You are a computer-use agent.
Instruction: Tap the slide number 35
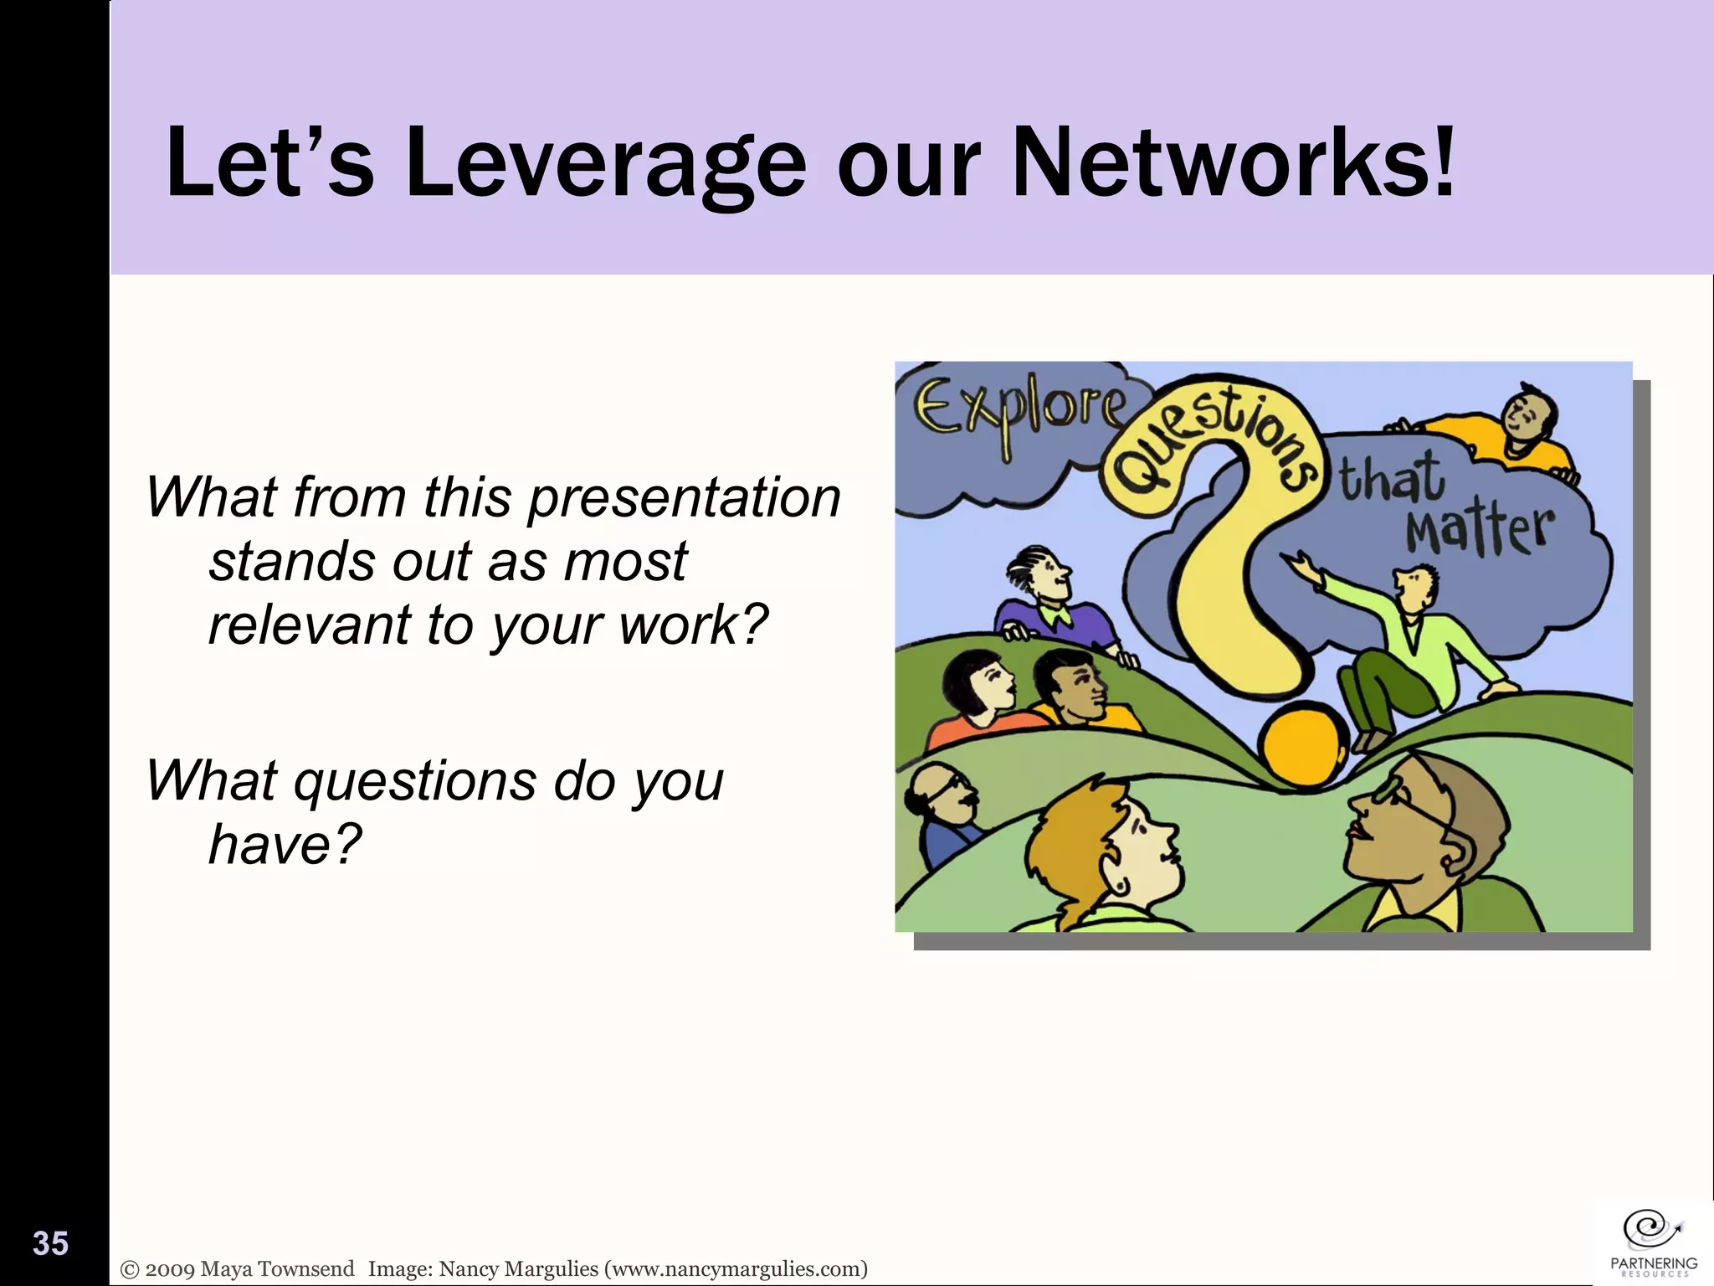(x=50, y=1244)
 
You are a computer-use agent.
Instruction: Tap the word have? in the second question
(x=285, y=844)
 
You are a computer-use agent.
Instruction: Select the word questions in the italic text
(x=414, y=780)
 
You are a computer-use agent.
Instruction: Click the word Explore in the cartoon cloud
(x=1019, y=410)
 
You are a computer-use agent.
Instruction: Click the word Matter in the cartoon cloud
(x=1480, y=532)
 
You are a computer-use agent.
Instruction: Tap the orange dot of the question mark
(x=1304, y=745)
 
